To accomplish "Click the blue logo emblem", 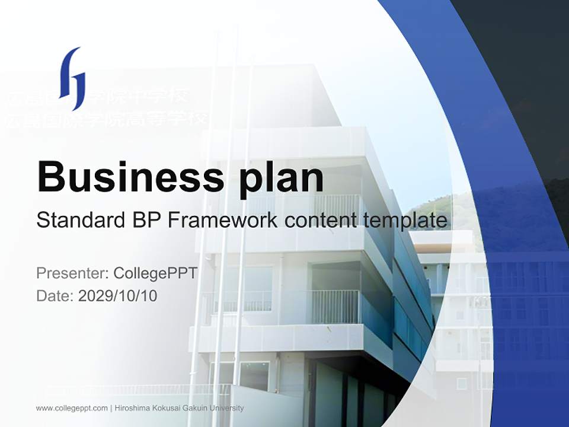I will coord(72,78).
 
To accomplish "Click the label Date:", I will coord(55,295).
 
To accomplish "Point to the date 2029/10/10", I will coord(117,295).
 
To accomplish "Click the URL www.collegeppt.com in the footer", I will coord(72,408).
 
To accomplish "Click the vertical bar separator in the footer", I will coord(111,408).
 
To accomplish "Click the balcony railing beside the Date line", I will coord(335,306).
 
